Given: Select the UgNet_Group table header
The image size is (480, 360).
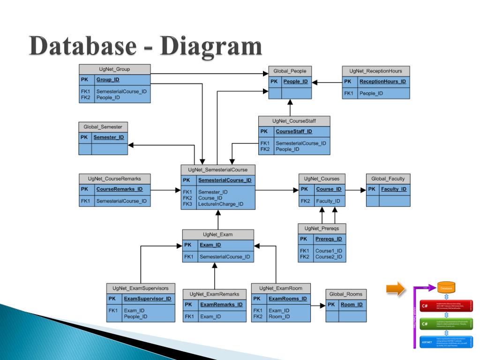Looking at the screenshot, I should click(x=114, y=69).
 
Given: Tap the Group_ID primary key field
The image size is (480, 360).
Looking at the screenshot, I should click(x=107, y=80).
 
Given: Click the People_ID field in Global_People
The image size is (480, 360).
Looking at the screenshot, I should click(x=295, y=82).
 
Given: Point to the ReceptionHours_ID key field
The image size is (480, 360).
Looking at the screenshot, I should click(x=382, y=82).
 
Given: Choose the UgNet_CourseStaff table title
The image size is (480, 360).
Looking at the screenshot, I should click(x=294, y=121).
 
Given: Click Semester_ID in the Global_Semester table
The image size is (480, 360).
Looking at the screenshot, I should click(x=108, y=137).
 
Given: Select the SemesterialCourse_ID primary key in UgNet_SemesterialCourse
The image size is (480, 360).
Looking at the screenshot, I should click(x=225, y=180).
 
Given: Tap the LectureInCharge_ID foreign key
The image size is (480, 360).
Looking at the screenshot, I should click(x=221, y=204).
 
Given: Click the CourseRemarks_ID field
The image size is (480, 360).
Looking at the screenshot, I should click(x=120, y=189).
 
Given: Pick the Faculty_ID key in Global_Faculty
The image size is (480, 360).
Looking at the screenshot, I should click(x=393, y=189).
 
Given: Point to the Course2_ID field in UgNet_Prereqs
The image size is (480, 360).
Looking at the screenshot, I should click(x=329, y=257).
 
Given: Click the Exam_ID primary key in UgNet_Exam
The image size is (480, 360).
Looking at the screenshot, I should click(x=210, y=245).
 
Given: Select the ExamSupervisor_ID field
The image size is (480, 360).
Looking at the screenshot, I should click(x=147, y=299).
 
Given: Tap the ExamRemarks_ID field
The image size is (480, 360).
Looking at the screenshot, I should click(x=221, y=305).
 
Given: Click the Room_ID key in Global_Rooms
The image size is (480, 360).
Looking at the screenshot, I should click(x=352, y=305).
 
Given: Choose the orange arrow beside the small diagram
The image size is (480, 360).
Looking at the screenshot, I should click(x=395, y=289).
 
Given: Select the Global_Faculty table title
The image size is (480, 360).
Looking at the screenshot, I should click(x=388, y=179).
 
